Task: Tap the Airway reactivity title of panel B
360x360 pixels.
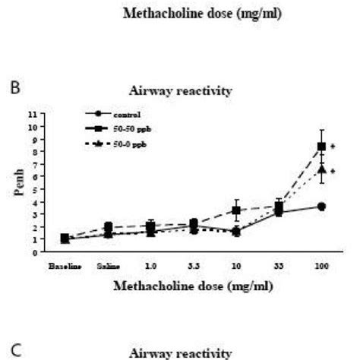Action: [179, 91]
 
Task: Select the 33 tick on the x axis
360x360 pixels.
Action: [279, 267]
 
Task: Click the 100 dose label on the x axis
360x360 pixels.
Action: [321, 267]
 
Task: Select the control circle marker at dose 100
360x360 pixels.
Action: [321, 207]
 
